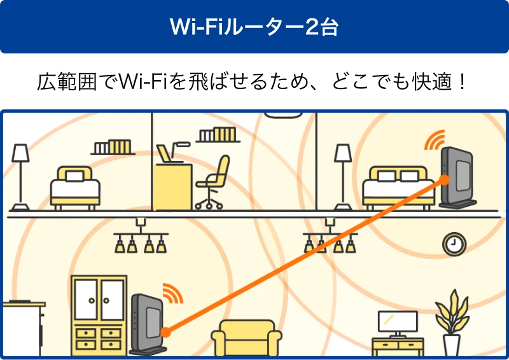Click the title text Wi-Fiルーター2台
coord(254,27)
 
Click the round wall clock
coord(454,243)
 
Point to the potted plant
coord(452,322)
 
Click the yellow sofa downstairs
coord(246,337)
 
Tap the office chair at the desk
coord(213,181)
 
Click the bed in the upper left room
coord(76,186)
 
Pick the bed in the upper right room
coord(394,186)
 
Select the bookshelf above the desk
coord(218,135)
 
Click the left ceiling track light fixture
coord(140,238)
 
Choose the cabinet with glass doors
coord(99,314)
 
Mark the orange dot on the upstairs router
coord(444,180)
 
